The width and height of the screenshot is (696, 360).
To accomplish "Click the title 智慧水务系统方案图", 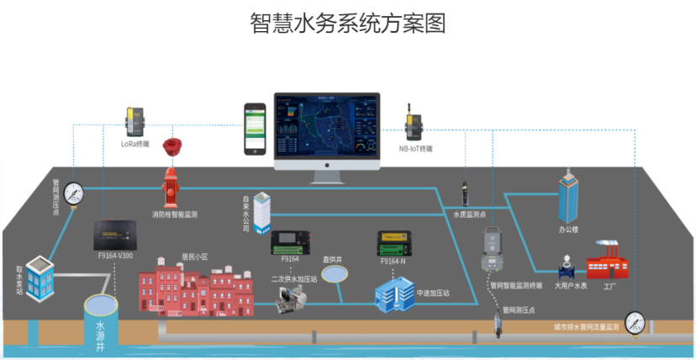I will click(x=347, y=23).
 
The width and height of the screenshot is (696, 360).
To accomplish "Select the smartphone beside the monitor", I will click(x=256, y=130).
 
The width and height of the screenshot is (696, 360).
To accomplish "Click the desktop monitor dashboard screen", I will click(x=326, y=127).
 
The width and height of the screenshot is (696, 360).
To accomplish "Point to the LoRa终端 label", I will click(x=134, y=144).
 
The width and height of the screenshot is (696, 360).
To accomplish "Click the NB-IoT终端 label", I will click(x=415, y=148).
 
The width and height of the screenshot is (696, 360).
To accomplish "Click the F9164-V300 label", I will click(x=115, y=255).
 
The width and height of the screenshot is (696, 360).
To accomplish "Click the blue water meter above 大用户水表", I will click(x=565, y=268).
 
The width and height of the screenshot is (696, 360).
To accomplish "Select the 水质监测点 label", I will click(x=471, y=214).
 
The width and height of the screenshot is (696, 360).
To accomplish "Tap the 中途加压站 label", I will click(x=433, y=293).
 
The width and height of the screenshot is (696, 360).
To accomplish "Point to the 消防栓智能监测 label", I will click(x=175, y=215).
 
